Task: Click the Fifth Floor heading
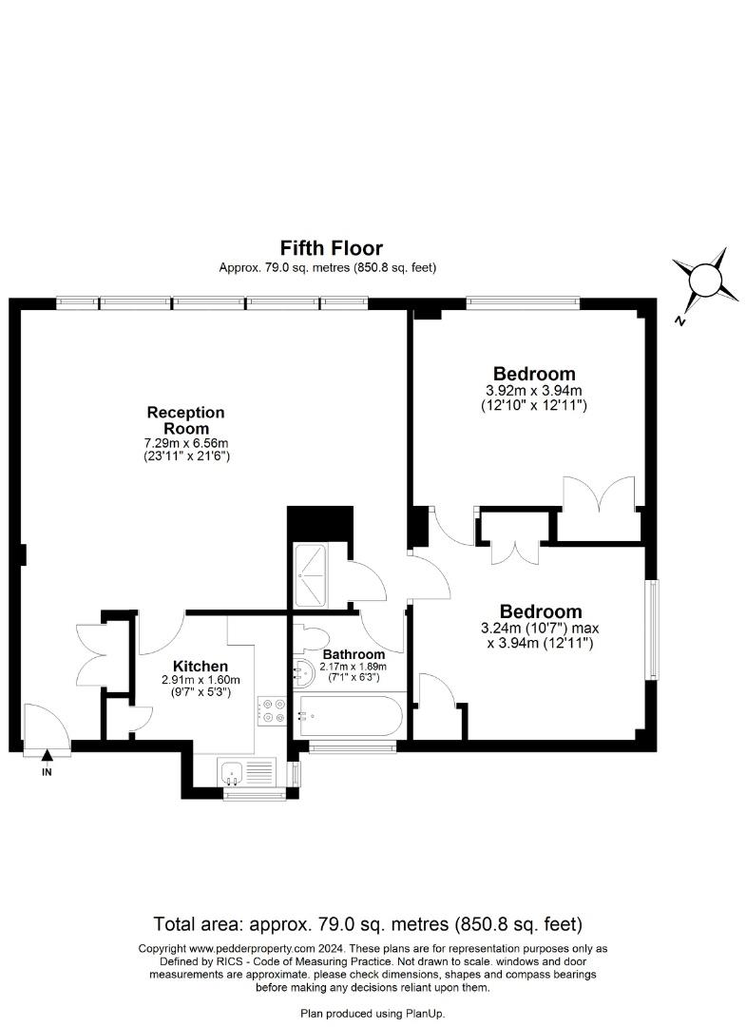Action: coord(331,247)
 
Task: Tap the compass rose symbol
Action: coord(703,281)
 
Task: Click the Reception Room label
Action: coord(186,420)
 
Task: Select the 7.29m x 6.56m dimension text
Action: coord(186,443)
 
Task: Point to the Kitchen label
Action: coord(201,667)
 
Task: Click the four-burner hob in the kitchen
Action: coord(272,711)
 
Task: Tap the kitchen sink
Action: coord(232,773)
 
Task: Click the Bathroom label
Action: coord(354,654)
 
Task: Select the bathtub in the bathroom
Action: coord(350,716)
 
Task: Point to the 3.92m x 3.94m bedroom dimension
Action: coord(530,391)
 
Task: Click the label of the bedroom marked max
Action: coord(541,611)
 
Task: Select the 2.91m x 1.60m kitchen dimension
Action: coord(201,680)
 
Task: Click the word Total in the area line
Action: coord(174,924)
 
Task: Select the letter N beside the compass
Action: coord(680,321)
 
